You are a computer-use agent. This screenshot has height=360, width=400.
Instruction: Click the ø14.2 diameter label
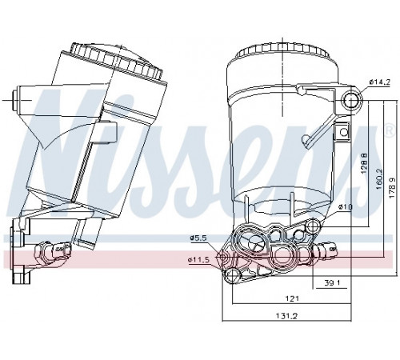380,82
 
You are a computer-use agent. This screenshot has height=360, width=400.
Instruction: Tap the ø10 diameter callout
346,206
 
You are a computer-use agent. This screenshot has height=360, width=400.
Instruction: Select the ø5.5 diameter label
198,238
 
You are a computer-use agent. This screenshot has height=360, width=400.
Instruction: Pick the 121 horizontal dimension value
292,298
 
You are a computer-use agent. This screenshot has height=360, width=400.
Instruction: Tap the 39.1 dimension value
332,282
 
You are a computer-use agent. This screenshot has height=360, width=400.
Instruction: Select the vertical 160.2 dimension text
379,179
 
